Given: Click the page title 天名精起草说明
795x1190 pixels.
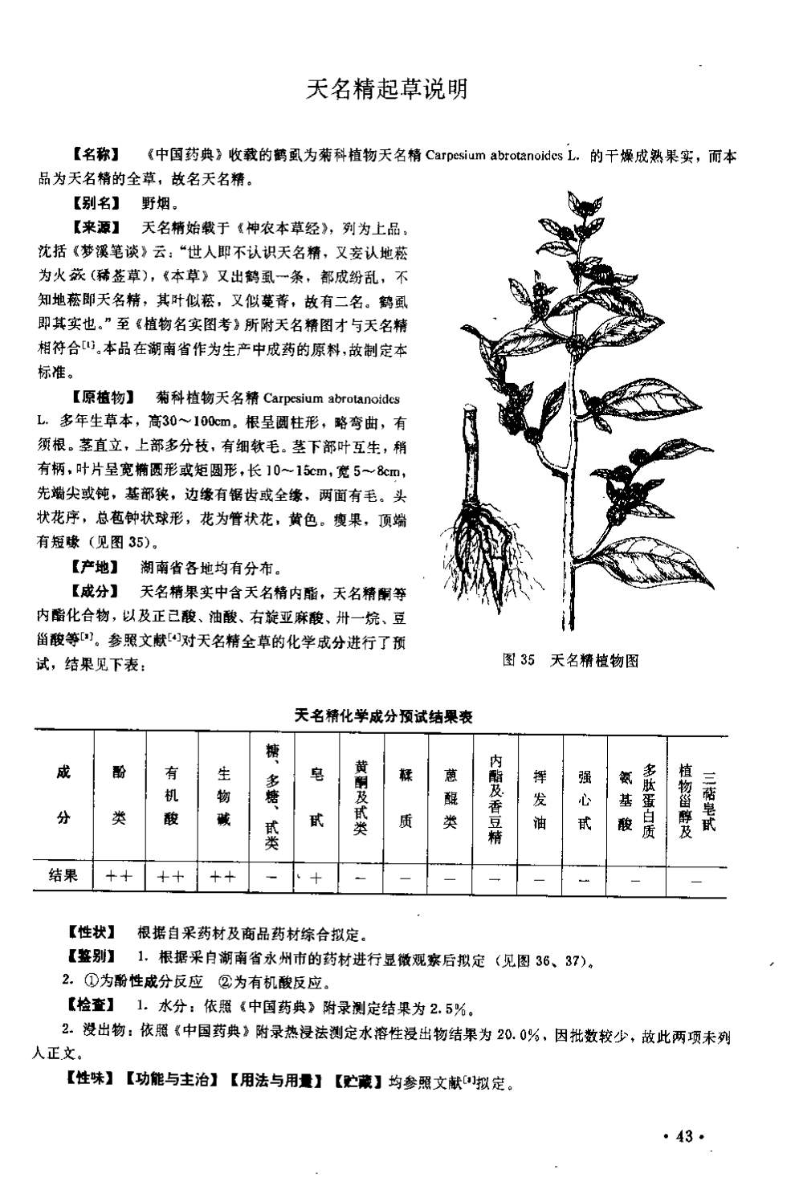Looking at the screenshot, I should pos(386,89).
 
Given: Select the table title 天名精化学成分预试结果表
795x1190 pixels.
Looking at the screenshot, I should pos(382,715).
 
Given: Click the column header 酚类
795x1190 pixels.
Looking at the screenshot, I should pos(119,795).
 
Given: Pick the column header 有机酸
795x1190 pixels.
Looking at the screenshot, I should pos(171,795).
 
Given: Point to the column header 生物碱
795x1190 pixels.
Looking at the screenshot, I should pos(224,795).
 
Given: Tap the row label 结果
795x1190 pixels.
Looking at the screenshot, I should pos(63,876).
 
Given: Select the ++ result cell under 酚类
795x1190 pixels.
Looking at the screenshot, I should pos(119,878).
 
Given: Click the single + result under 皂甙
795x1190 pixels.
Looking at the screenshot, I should pos(316,878).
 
